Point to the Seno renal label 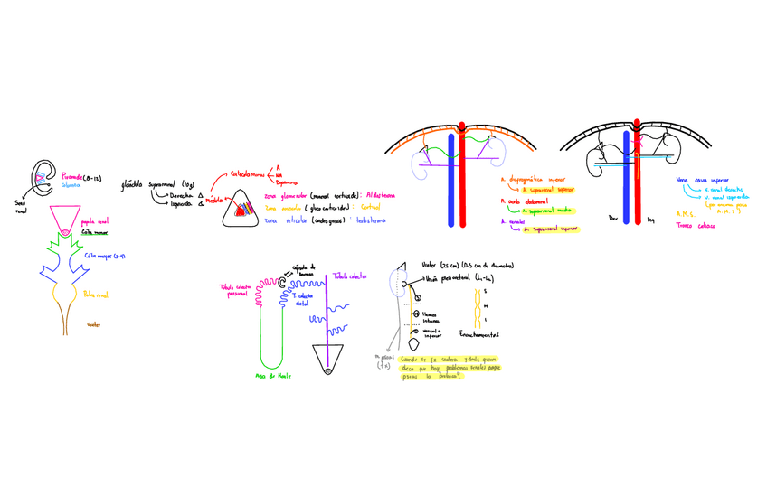click(x=21, y=208)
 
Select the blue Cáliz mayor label click(x=105, y=256)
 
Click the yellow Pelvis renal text click(x=95, y=295)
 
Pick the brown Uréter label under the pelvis click(x=93, y=324)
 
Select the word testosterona click(x=371, y=220)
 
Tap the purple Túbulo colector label click(x=350, y=276)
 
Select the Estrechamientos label click(x=479, y=333)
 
